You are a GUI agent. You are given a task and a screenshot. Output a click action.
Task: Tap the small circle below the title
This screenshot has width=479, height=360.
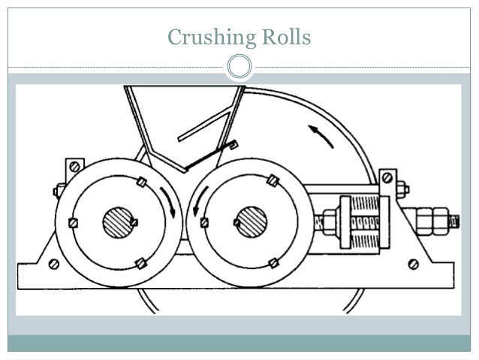pos(239,66)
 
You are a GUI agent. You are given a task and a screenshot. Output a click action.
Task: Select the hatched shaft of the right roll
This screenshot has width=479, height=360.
pos(249,222)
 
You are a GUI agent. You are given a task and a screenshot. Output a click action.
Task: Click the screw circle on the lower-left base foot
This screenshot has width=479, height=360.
pos(53,264)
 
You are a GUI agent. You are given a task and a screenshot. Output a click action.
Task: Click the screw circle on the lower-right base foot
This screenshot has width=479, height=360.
pos(413,264)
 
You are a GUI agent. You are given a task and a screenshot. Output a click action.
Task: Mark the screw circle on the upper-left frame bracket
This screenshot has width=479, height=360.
pos(73,167)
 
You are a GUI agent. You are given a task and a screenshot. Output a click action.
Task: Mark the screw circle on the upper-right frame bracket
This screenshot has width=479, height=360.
pos(387,177)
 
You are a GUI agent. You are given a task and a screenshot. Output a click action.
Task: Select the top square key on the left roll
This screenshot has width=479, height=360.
pos(141,182)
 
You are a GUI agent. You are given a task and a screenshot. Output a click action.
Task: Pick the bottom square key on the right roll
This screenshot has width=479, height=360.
pos(273,262)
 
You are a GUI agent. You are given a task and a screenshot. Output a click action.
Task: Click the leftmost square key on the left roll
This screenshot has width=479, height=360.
pos(73,222)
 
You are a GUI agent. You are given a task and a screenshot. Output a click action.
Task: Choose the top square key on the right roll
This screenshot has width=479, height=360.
pos(273,181)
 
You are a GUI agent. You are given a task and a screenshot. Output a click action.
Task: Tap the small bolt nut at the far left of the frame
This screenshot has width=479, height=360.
pos(59,191)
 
